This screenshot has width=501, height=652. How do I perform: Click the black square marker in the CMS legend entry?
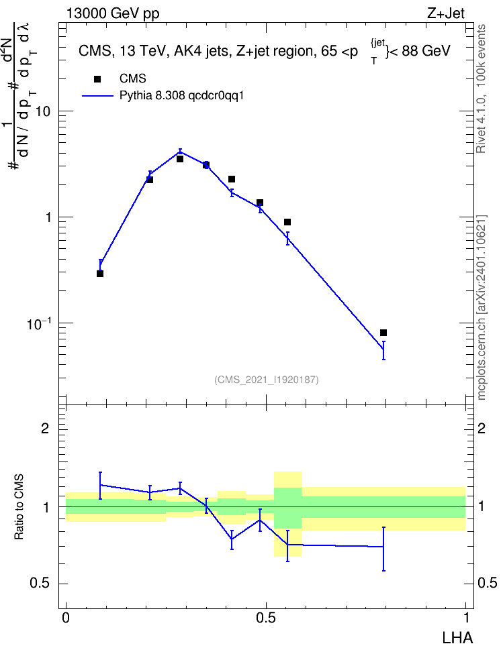97,79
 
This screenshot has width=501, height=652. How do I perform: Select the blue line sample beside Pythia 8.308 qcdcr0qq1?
97,96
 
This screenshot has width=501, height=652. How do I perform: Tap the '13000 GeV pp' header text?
113,13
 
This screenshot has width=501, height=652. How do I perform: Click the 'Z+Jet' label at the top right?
446,13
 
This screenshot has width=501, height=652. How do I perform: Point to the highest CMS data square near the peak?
180,159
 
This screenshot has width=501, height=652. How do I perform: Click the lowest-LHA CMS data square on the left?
100,274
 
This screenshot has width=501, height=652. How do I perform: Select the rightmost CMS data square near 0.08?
383,333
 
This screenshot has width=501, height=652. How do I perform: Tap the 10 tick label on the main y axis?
43,111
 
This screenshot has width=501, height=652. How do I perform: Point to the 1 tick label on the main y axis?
47,217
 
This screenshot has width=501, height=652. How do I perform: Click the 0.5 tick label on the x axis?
266,618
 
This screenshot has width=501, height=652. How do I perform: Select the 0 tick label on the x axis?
66,618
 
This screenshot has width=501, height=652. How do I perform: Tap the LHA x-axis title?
457,638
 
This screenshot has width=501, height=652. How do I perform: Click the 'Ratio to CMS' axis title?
19,507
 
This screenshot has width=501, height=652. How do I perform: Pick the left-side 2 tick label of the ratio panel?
46,428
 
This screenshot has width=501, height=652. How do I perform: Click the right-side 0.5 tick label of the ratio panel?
488,584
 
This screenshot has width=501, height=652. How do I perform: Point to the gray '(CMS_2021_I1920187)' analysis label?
267,380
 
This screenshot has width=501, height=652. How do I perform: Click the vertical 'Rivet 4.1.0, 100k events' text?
481,89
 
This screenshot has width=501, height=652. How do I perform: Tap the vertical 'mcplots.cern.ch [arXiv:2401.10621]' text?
482,308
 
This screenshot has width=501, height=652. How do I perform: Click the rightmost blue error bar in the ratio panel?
383,549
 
